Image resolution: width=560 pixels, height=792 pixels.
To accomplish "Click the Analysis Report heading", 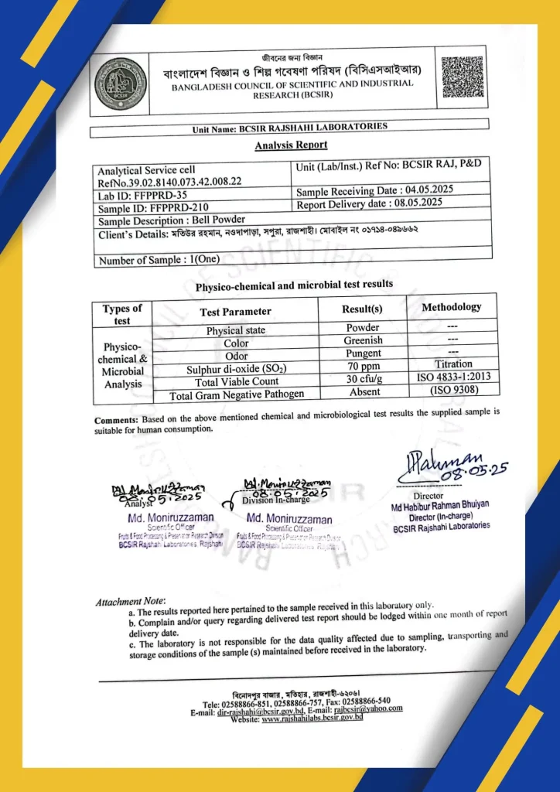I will [x=291, y=145].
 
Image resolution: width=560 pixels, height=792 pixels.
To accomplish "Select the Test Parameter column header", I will [x=236, y=312].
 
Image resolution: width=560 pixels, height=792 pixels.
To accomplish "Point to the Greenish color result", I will [x=363, y=341].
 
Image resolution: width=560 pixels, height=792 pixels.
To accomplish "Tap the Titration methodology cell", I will [x=453, y=364].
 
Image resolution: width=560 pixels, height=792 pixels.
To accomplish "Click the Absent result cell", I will [x=363, y=392].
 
